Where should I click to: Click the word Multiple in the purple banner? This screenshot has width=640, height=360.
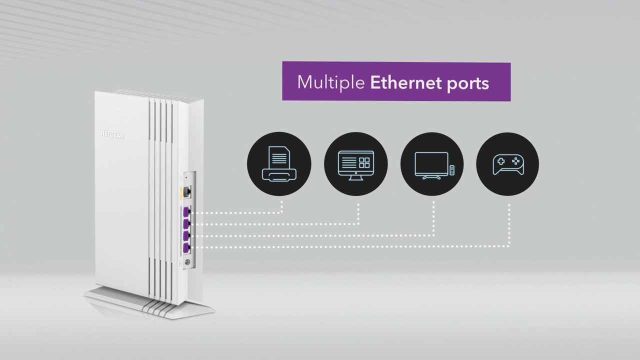point(330,82)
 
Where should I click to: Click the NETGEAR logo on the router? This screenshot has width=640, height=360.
point(112,134)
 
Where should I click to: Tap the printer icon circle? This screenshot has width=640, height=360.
point(279,164)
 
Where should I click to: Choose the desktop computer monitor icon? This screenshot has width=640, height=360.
point(355,163)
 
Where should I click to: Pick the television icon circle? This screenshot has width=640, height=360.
point(432,164)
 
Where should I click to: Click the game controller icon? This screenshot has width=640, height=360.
point(508,164)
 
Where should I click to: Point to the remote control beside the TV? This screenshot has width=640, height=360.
point(452,170)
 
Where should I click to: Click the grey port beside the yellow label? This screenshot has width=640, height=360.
point(188,191)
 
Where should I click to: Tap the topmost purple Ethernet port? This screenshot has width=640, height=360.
point(187,212)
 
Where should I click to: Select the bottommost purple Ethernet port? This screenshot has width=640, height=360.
point(187,247)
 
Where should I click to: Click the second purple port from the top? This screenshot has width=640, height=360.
point(187,223)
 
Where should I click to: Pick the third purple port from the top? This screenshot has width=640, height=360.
point(187,235)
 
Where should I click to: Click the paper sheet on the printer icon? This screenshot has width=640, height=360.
point(278,156)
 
